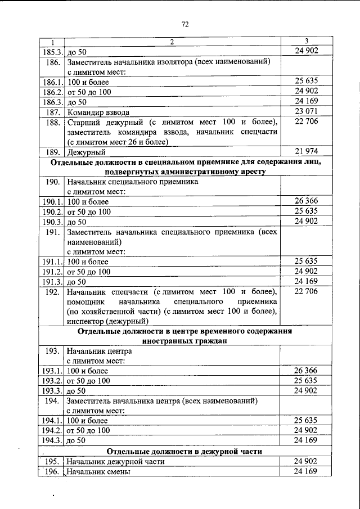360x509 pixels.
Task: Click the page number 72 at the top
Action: tap(184, 24)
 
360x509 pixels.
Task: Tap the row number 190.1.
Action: tap(52, 201)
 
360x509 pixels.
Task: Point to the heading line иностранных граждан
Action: tap(185, 341)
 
